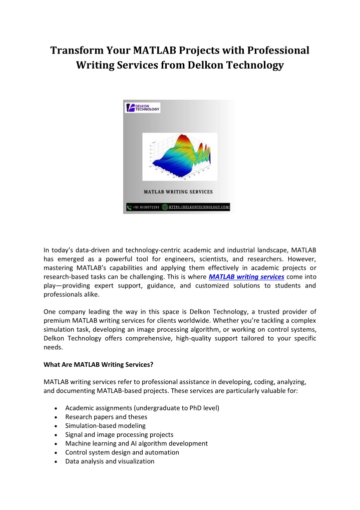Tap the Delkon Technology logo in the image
pyautogui.click(x=143, y=107)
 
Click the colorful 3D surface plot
pyautogui.click(x=179, y=157)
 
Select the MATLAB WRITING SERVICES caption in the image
pyautogui.click(x=178, y=192)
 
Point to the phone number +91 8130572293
pyautogui.click(x=146, y=207)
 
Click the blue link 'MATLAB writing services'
pyautogui.click(x=247, y=276)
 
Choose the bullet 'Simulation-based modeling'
pyautogui.click(x=103, y=426)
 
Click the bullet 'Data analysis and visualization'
pyautogui.click(x=110, y=461)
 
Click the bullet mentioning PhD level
pyautogui.click(x=142, y=408)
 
